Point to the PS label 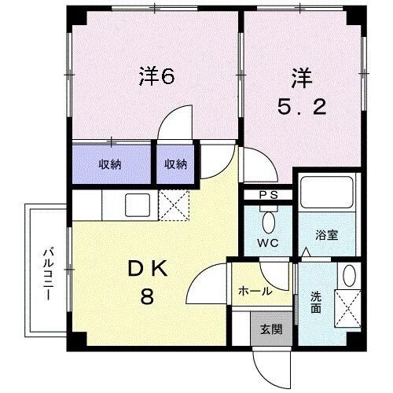click(269, 195)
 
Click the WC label click(269, 242)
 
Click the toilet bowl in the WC click(269, 219)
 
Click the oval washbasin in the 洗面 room click(349, 275)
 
